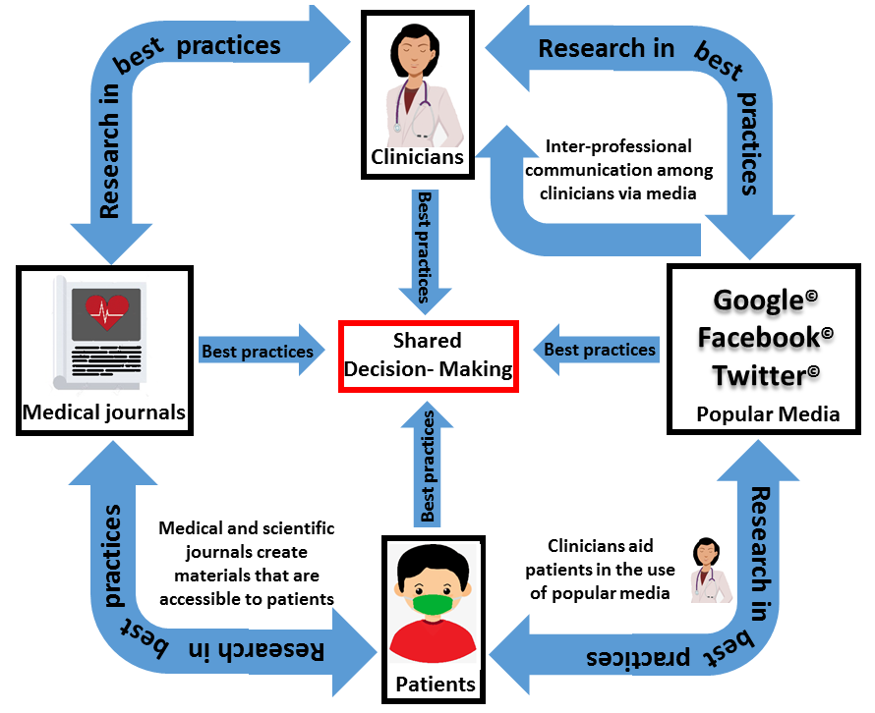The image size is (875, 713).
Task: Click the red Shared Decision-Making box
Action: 428,355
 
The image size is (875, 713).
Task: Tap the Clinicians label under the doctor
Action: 417,156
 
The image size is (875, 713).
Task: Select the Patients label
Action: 435,684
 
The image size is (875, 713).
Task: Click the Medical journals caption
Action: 104,412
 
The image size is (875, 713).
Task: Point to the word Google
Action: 759,300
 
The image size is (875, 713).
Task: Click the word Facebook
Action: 758,337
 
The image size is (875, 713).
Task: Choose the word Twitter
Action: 758,374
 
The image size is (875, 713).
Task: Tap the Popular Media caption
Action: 768,414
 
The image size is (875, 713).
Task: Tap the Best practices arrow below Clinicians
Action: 424,249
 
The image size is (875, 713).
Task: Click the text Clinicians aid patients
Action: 601,568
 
